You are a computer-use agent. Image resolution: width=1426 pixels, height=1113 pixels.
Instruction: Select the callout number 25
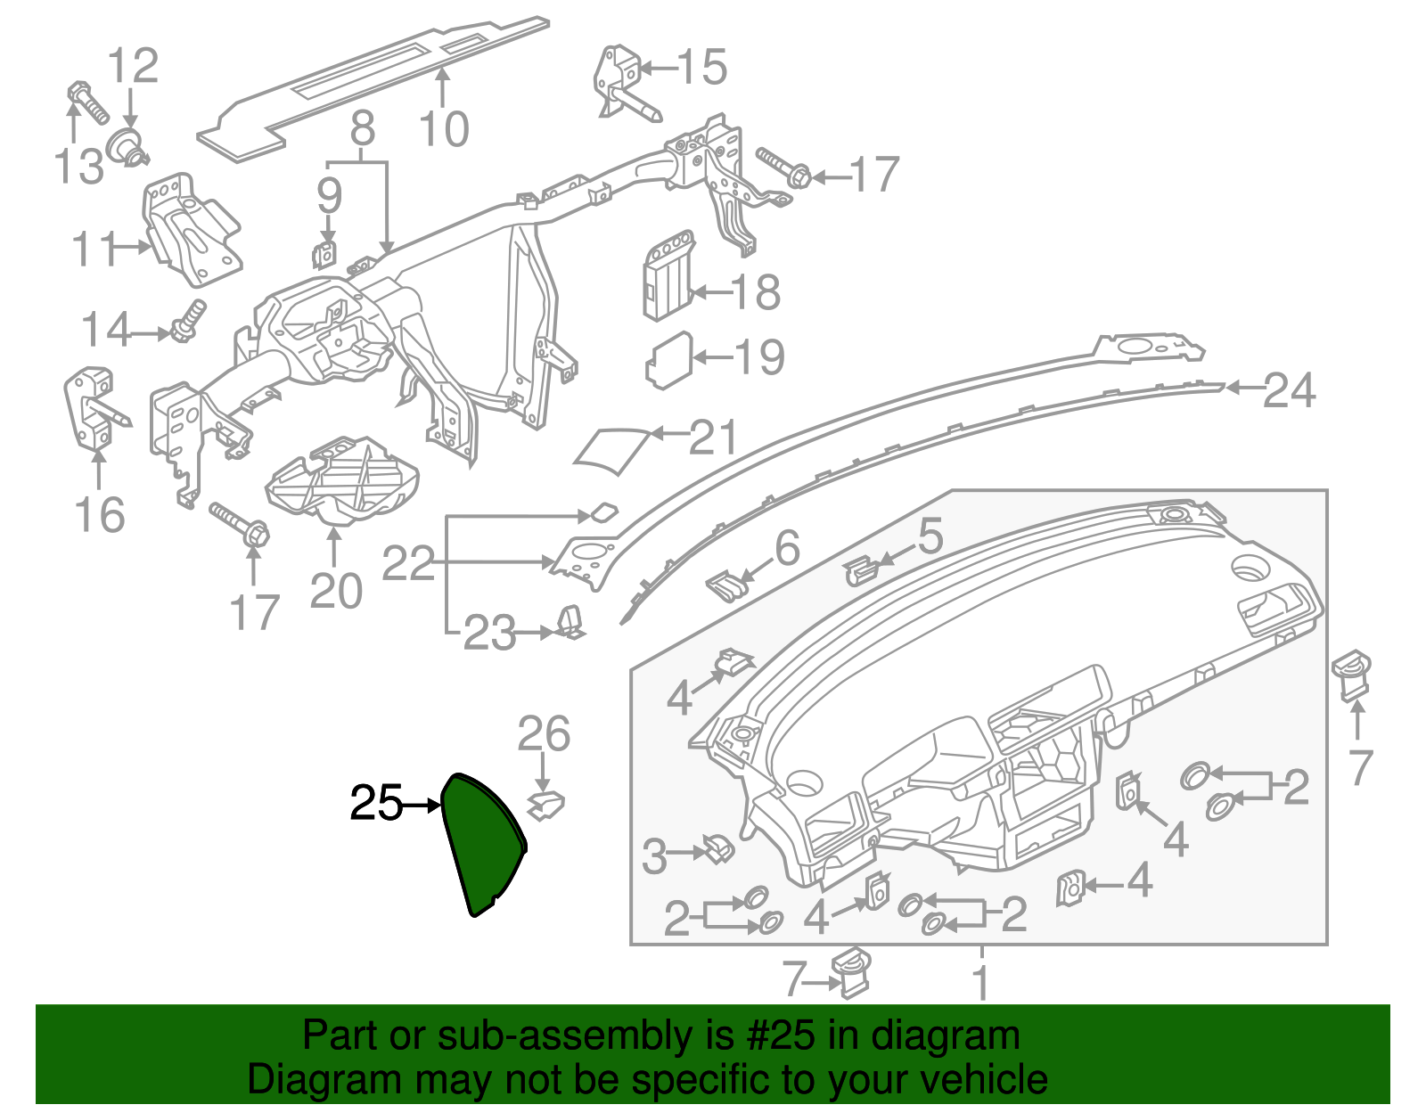point(376,804)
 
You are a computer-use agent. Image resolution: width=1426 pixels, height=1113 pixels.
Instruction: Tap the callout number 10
point(443,130)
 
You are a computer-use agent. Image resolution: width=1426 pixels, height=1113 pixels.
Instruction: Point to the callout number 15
point(701,67)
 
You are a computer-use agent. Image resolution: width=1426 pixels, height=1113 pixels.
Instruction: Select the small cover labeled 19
point(668,360)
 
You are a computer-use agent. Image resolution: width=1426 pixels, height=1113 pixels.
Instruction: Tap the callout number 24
point(1289,390)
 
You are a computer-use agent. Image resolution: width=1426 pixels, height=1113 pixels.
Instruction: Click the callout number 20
point(336,591)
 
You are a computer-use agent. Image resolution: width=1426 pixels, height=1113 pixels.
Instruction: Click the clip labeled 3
point(717,847)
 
